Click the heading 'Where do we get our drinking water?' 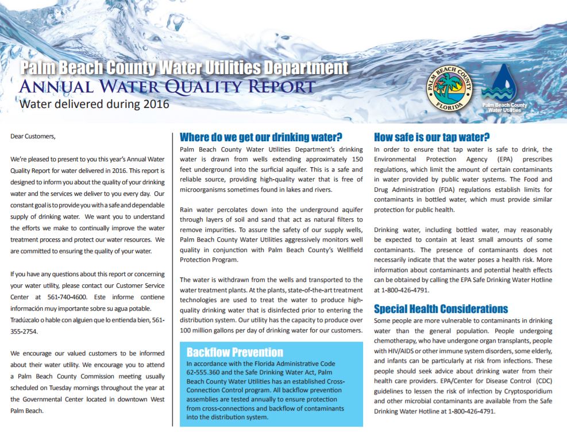point(261,137)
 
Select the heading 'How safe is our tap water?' point(431,137)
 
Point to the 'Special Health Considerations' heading point(441,309)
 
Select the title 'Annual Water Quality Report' point(167,87)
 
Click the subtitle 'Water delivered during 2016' point(94,104)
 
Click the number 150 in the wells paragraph point(356,159)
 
